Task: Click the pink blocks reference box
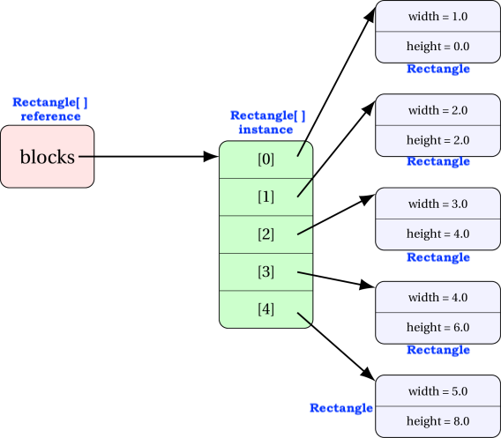48,157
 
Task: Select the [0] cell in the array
265,160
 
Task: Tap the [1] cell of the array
265,197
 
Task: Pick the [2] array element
265,234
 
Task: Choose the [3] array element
265,272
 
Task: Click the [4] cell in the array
265,309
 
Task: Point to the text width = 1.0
437,16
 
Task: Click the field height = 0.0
437,47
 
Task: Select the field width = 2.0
437,110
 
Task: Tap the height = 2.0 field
437,140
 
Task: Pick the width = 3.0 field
437,204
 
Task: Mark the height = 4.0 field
437,234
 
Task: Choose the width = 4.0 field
437,297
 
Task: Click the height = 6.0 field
437,328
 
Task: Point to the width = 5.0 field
437,390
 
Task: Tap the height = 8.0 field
437,421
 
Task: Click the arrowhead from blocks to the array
211,157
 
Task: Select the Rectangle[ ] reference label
50,109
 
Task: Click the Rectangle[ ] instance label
268,122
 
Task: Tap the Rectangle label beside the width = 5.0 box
341,408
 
